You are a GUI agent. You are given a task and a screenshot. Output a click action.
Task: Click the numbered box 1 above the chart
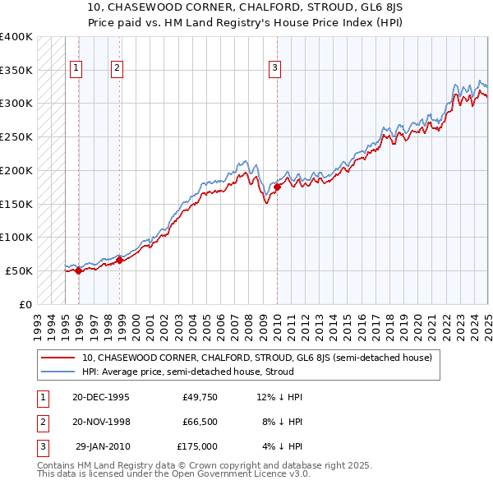pos(76,69)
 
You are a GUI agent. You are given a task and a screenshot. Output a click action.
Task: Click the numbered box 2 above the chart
pos(117,69)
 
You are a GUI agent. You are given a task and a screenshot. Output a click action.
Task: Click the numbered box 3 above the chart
pos(274,69)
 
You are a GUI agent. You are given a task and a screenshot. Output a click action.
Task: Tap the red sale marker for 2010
pos(277,187)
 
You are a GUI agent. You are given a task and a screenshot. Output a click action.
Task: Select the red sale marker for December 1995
pos(79,270)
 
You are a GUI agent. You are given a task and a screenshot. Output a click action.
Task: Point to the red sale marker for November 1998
pos(120,260)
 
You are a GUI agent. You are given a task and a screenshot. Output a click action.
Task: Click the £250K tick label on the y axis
pos(16,136)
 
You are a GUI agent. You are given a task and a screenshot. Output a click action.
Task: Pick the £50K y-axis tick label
pos(19,270)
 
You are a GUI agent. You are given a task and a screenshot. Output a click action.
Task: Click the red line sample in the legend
pos(58,358)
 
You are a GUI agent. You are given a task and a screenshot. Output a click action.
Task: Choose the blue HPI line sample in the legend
pos(58,372)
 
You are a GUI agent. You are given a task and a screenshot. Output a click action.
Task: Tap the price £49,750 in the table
pos(200,397)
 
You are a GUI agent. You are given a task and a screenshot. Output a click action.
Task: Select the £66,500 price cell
pos(200,422)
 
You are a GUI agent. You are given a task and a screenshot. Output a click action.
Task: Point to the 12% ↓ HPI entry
pos(279,397)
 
